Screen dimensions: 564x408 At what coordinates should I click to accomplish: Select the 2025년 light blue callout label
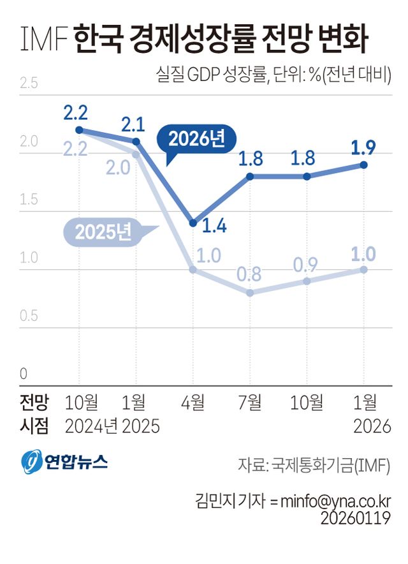coord(103,232)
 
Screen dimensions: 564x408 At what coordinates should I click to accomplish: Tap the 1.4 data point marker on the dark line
coord(193,223)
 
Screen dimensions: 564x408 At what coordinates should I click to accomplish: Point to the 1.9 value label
coord(363,148)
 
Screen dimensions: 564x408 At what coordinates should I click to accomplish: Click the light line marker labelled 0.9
coord(307,281)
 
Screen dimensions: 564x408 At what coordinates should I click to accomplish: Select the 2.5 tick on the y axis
coord(29,83)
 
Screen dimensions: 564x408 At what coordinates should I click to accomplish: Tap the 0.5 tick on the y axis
coord(29,316)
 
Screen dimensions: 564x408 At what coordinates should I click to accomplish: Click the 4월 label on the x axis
coord(193,402)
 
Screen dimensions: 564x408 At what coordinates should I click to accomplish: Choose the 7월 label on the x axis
coord(250,402)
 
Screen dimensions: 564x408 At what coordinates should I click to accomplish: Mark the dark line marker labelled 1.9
coord(364,165)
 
